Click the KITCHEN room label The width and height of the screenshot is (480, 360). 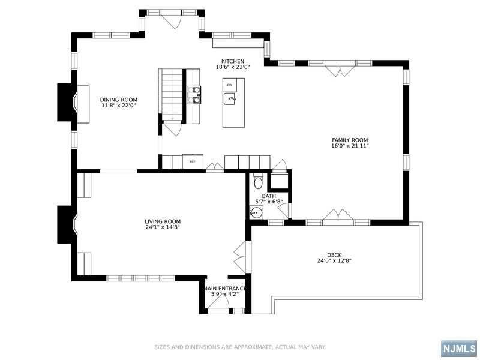click(233, 62)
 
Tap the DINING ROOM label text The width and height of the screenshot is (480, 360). click(119, 100)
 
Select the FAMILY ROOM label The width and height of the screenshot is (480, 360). click(350, 140)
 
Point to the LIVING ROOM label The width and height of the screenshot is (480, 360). click(163, 221)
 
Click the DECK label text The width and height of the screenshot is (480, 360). click(334, 255)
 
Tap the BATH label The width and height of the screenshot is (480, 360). click(269, 196)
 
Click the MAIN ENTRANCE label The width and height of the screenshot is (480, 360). click(226, 289)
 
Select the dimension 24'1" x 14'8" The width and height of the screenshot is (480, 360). click(163, 227)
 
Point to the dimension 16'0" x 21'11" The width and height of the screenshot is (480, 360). click(350, 146)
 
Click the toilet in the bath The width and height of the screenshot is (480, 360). click(259, 181)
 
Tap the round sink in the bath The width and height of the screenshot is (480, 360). click(256, 212)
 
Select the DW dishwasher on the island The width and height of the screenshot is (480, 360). click(230, 85)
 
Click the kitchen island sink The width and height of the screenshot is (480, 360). click(230, 98)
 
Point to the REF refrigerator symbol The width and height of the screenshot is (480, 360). click(193, 161)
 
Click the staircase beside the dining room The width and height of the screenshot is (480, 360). click(170, 95)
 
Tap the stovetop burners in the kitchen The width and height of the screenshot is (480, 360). click(194, 94)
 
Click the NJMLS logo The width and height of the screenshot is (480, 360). click(459, 349)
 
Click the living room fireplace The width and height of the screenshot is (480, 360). click(67, 224)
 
